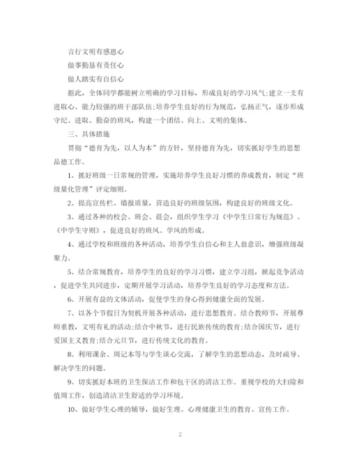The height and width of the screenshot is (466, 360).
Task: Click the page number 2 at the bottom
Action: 180,435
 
